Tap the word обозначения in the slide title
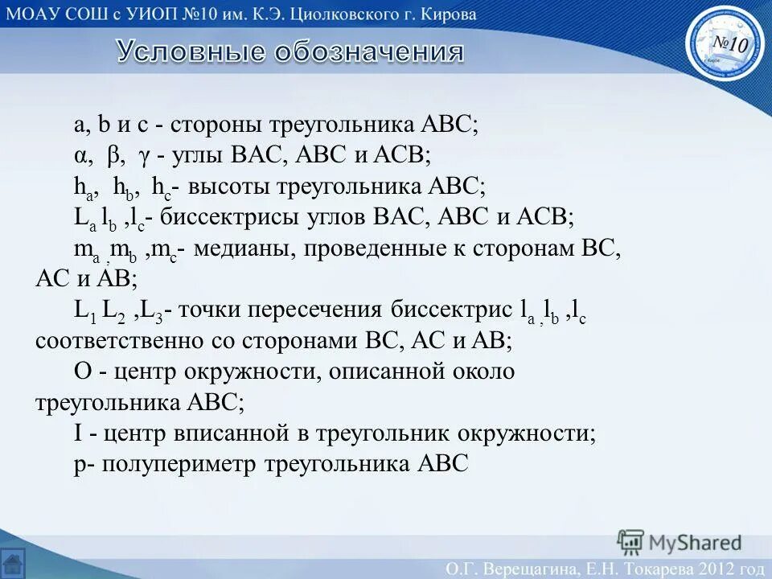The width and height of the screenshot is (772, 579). pos(369,52)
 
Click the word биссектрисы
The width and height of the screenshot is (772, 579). pos(243,218)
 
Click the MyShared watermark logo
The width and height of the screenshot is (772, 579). pos(680,543)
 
